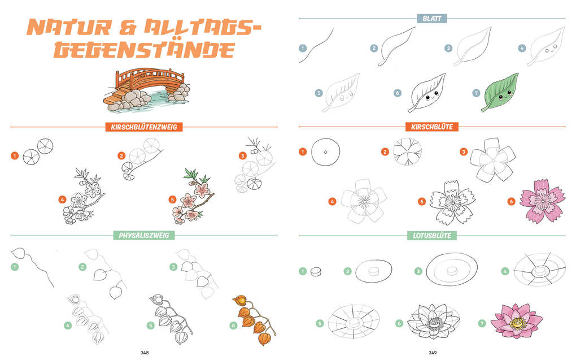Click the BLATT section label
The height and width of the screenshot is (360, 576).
(x=431, y=19)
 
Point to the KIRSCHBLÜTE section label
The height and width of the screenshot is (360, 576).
(x=432, y=127)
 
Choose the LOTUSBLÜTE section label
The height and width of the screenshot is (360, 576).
(x=432, y=235)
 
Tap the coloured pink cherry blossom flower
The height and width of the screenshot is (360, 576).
(x=542, y=200)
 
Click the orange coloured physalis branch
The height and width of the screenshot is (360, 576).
(x=253, y=318)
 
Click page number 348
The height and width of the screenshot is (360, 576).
(x=145, y=353)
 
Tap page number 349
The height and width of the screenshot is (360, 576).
(x=432, y=353)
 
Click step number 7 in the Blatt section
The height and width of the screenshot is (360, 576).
(x=475, y=93)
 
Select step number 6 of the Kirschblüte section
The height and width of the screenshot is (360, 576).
(x=510, y=201)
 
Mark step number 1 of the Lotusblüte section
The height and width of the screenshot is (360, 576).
(x=303, y=271)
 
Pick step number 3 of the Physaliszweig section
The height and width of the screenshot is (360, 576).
(x=173, y=267)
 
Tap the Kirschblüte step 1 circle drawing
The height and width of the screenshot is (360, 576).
(x=325, y=152)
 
